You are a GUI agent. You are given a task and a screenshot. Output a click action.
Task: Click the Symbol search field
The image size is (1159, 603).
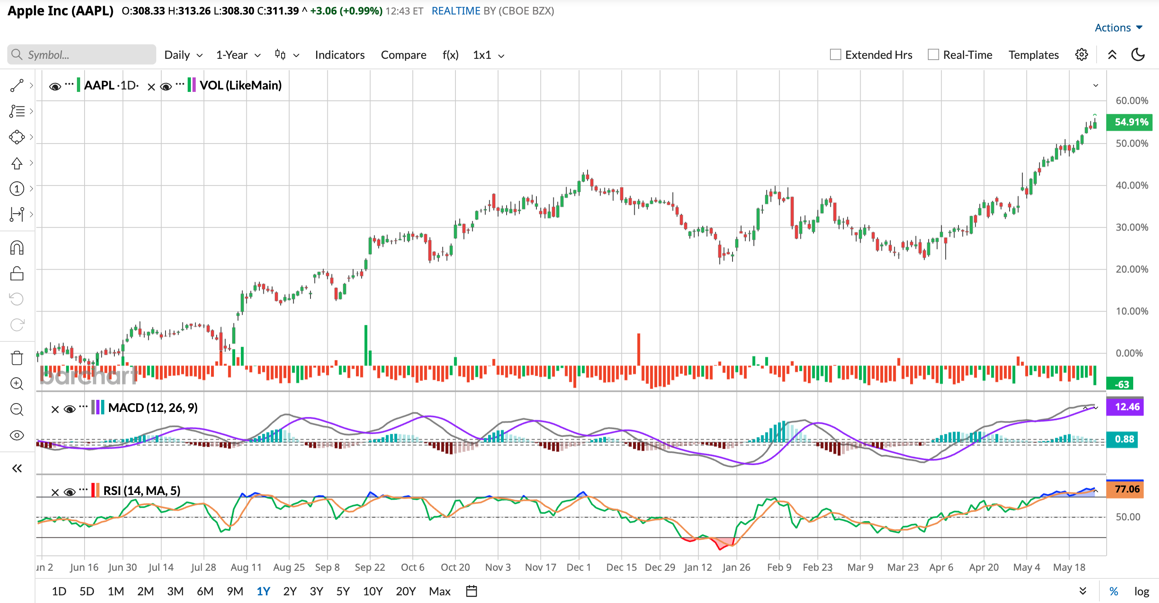(81, 54)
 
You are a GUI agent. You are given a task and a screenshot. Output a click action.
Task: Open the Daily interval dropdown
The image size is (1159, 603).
(183, 55)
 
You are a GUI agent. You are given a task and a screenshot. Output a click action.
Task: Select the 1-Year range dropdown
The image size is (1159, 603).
(238, 55)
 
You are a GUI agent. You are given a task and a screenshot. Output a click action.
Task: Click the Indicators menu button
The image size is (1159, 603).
(340, 55)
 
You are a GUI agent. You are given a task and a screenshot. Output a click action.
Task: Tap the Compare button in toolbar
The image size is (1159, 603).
(404, 55)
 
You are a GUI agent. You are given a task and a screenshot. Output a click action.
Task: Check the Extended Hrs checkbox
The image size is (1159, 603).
(836, 54)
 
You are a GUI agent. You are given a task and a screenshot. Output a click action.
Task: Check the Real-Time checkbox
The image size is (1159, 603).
(933, 54)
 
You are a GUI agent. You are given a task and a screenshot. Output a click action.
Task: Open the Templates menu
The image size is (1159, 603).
(1033, 55)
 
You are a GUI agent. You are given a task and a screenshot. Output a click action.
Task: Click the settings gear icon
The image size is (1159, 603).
(1082, 54)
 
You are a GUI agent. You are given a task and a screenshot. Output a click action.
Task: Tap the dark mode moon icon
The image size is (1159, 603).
(1138, 54)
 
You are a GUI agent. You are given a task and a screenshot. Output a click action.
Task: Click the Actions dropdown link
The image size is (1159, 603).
(1118, 27)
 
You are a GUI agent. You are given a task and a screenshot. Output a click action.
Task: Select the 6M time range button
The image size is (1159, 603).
(205, 591)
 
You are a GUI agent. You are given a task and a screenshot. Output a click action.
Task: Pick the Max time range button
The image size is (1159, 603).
(440, 591)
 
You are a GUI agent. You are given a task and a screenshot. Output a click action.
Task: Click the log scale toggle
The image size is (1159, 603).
(1141, 591)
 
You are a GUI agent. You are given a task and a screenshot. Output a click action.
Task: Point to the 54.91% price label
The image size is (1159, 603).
(1131, 122)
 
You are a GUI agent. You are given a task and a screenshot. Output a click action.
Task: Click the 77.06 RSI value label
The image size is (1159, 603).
(1127, 489)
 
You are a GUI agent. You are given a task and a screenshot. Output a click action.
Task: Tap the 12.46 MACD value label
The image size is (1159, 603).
(1127, 407)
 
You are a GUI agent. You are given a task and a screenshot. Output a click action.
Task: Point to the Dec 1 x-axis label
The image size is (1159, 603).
(579, 567)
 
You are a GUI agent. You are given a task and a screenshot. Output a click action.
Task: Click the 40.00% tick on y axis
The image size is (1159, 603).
(1132, 185)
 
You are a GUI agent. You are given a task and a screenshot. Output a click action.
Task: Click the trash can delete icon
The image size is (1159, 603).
(17, 358)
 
